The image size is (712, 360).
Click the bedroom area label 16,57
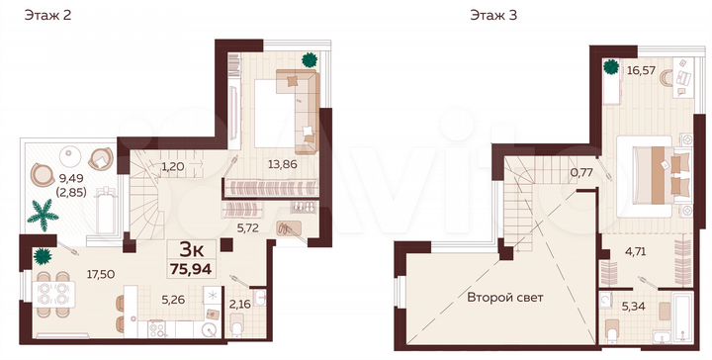(x=641, y=70)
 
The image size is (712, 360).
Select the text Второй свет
(x=507, y=296)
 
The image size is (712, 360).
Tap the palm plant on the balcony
(x=44, y=213)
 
